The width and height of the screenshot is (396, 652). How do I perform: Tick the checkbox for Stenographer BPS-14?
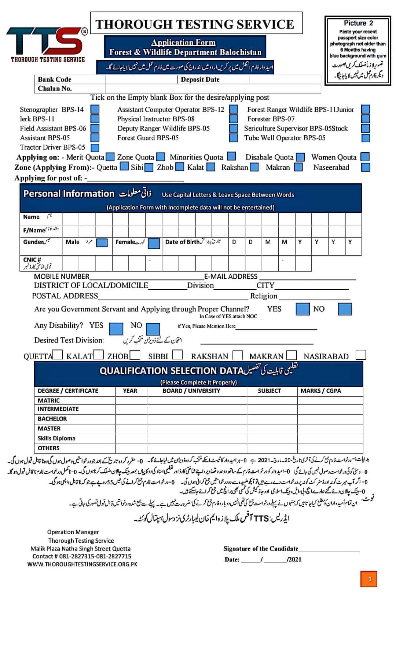[95, 109]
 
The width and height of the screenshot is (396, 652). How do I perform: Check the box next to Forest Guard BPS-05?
[234, 138]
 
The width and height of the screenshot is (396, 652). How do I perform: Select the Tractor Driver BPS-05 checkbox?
[95, 147]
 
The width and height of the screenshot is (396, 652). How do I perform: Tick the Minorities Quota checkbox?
[231, 157]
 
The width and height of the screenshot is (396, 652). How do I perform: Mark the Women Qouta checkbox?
[365, 157]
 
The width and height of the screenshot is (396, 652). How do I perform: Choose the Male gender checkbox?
[102, 243]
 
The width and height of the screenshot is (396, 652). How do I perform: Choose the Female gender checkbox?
[154, 243]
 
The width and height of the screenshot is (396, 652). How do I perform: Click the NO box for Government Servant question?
[345, 309]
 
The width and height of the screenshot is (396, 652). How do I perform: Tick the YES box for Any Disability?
[116, 329]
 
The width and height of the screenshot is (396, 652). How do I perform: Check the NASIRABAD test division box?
[361, 355]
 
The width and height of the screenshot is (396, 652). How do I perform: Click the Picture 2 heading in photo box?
[358, 23]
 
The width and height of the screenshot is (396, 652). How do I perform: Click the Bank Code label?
[55, 80]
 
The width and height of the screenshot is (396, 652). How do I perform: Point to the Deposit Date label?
[200, 80]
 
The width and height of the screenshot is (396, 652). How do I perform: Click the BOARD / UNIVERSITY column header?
[191, 391]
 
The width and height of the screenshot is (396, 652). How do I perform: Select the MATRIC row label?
[49, 401]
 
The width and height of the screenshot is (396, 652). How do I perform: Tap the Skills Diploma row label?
[56, 439]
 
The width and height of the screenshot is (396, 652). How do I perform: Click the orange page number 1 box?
[369, 579]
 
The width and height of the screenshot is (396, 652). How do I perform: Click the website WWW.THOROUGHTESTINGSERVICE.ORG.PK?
[82, 564]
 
